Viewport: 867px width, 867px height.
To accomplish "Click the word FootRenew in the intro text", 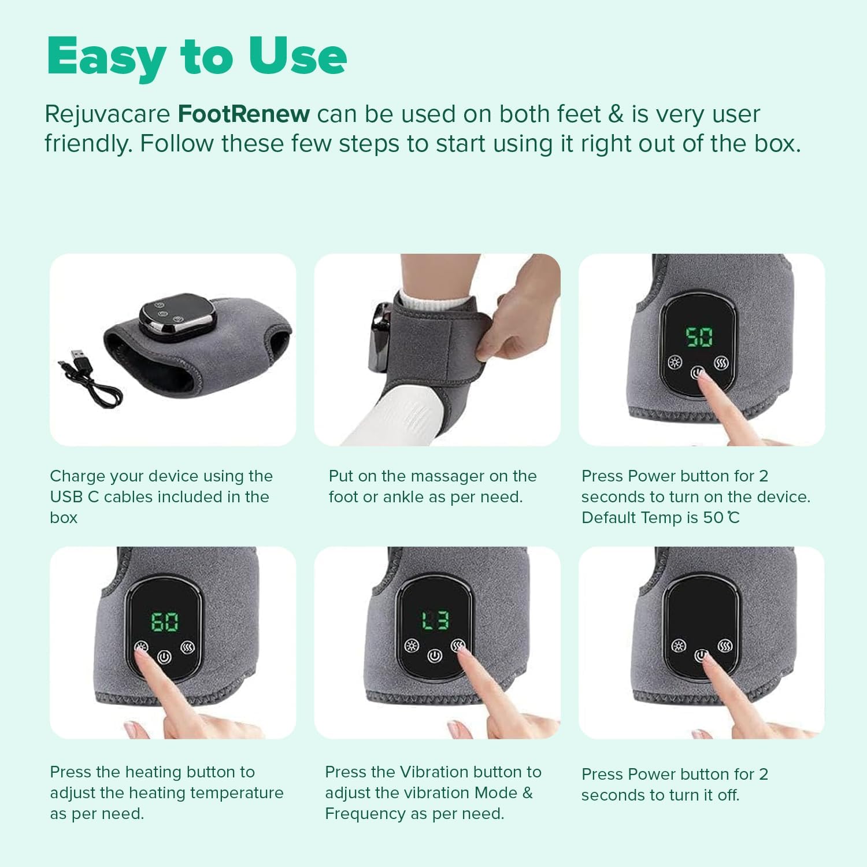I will [243, 114].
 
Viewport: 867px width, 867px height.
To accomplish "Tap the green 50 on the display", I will [699, 337].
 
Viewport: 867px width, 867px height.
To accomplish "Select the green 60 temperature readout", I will [165, 622].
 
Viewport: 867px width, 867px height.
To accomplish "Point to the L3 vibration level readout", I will [435, 621].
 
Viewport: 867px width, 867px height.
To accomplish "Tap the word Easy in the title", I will [106, 57].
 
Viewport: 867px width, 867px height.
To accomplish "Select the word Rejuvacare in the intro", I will [107, 114].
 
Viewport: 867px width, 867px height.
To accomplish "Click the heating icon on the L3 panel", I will [412, 646].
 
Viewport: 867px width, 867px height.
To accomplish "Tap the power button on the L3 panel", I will [435, 655].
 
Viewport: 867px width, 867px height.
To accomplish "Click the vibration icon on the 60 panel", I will [188, 647].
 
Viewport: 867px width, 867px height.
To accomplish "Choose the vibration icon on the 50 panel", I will [721, 363].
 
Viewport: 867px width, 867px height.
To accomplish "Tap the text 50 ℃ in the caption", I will [721, 517].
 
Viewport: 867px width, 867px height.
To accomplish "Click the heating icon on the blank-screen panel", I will [679, 646].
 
